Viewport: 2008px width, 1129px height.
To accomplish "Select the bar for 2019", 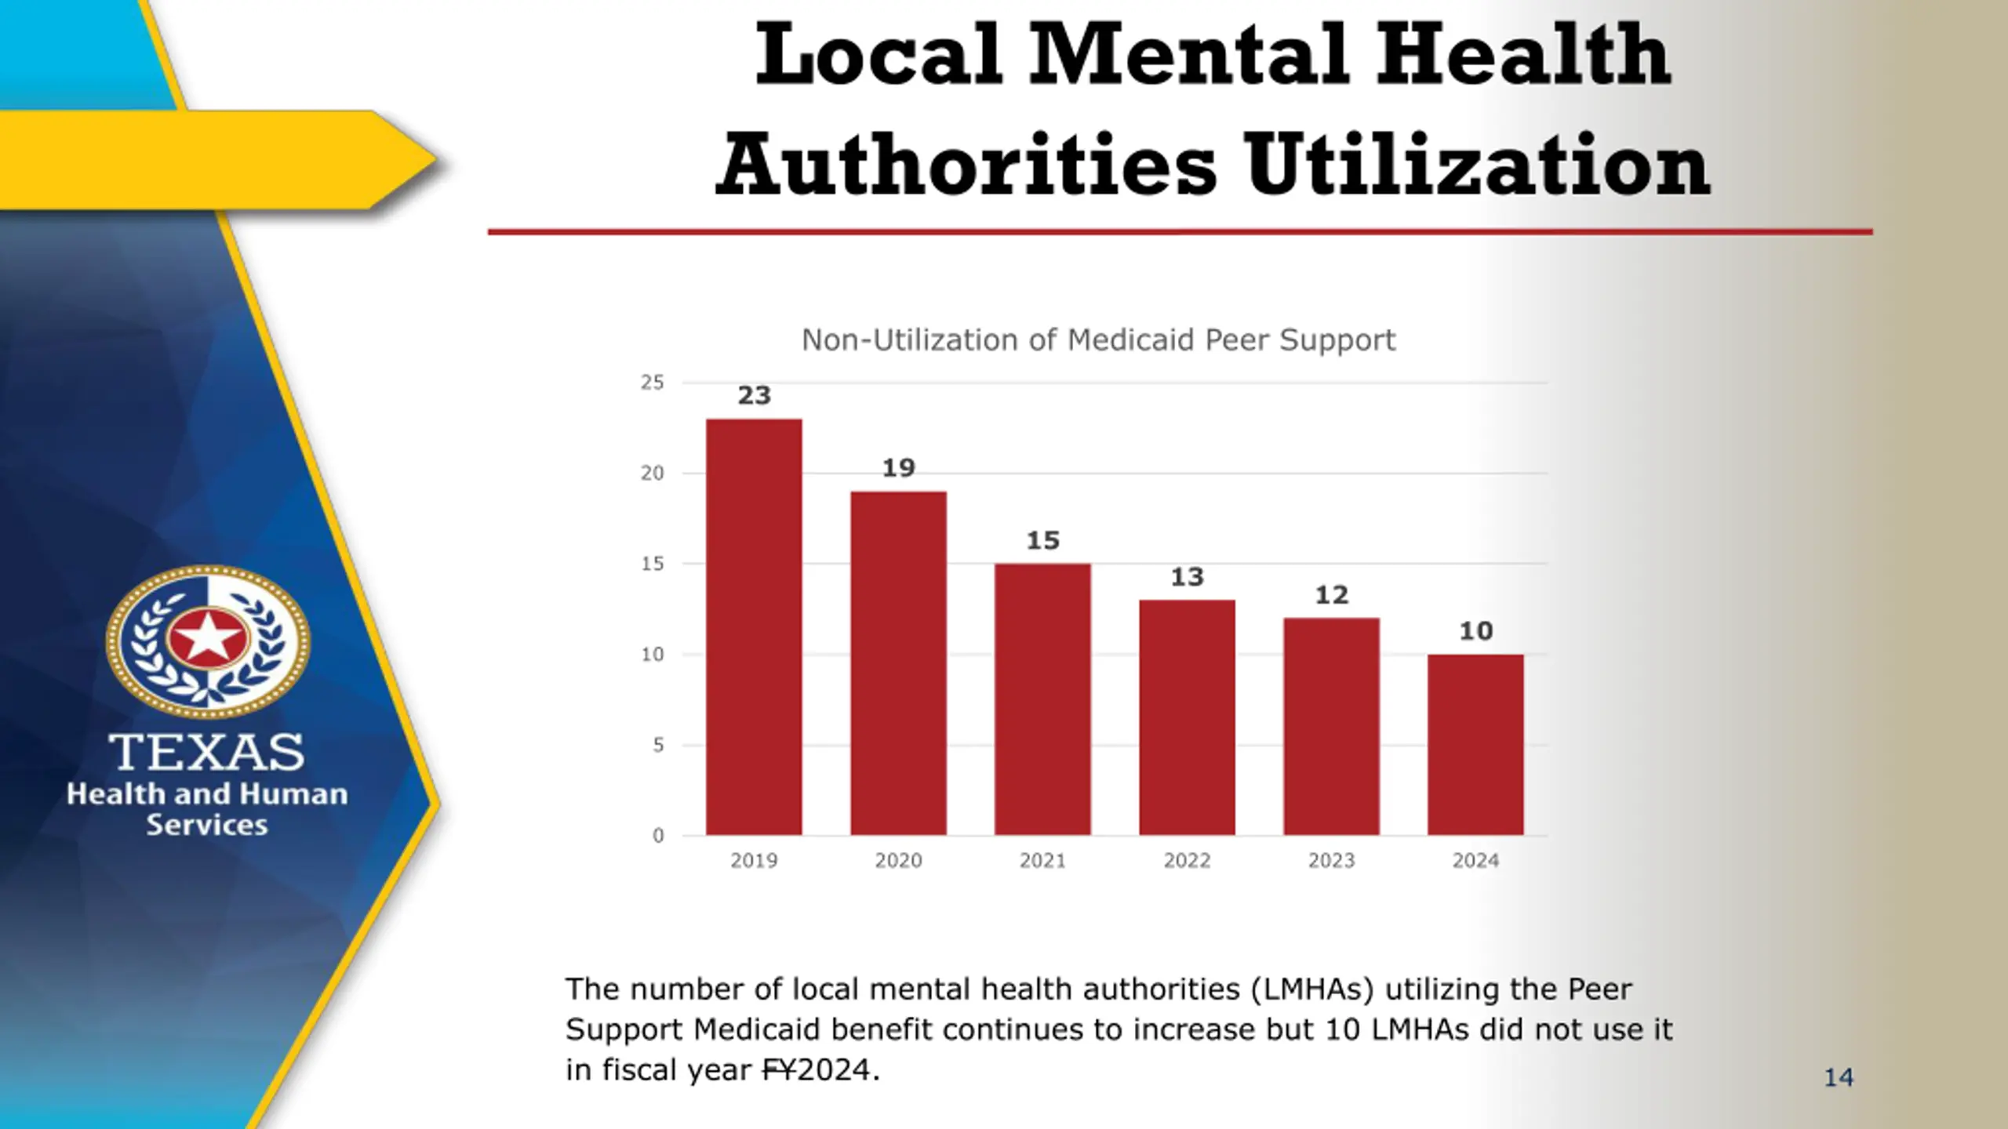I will coord(754,627).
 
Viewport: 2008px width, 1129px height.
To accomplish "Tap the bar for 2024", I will coord(1475,745).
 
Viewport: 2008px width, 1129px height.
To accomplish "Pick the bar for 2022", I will coord(1187,717).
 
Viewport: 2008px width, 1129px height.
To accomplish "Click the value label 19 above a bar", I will coord(898,468).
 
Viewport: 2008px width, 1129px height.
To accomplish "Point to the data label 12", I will coord(1331,595).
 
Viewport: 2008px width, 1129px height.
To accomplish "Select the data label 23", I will coord(754,396).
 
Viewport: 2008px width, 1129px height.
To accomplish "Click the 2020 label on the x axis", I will coord(898,861).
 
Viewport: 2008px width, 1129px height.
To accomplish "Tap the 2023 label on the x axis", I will coord(1331,861).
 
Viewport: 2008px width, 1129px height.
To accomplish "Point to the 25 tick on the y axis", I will coord(652,383).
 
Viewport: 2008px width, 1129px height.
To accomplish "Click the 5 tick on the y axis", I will coord(658,746).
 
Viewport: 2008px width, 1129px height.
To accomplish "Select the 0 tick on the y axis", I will coord(658,836).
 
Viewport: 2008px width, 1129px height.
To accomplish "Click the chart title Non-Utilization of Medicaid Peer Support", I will coord(1098,340).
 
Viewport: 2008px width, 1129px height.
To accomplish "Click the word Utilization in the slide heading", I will coord(1478,166).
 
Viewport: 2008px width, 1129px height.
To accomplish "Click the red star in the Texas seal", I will coord(208,637).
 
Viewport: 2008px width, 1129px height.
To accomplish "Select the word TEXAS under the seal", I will coord(206,753).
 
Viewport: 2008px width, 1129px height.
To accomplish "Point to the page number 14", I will coord(1839,1078).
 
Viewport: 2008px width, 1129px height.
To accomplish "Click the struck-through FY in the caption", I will coord(779,1070).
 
